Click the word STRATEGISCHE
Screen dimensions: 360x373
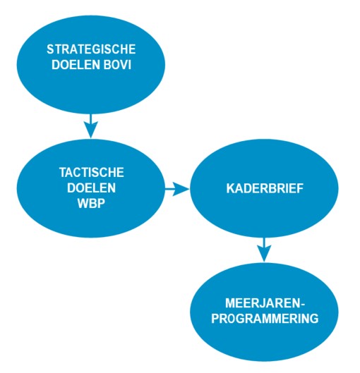tap(91, 49)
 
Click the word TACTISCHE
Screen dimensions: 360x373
tap(92, 173)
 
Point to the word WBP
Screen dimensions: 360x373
tap(91, 203)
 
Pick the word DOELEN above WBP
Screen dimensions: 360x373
tap(92, 188)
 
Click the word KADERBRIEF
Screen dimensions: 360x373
tap(265, 188)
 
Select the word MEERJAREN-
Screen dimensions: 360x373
tap(265, 303)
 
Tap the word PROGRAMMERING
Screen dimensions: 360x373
tap(265, 319)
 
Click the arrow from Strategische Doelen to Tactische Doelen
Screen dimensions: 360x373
tap(91, 126)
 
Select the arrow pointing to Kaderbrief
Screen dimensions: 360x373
tap(177, 189)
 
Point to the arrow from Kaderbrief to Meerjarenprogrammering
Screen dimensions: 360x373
tap(264, 250)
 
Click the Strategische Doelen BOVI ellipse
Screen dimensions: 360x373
tap(91, 65)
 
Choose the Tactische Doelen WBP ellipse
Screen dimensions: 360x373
tap(91, 188)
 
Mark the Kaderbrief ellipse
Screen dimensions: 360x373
tap(264, 188)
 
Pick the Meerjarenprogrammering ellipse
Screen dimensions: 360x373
tap(264, 312)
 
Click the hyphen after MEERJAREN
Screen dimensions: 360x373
tap(303, 304)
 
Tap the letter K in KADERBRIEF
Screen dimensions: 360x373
tap(230, 188)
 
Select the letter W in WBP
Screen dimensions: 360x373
tap(83, 203)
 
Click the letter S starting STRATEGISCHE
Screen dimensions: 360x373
tap(50, 49)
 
